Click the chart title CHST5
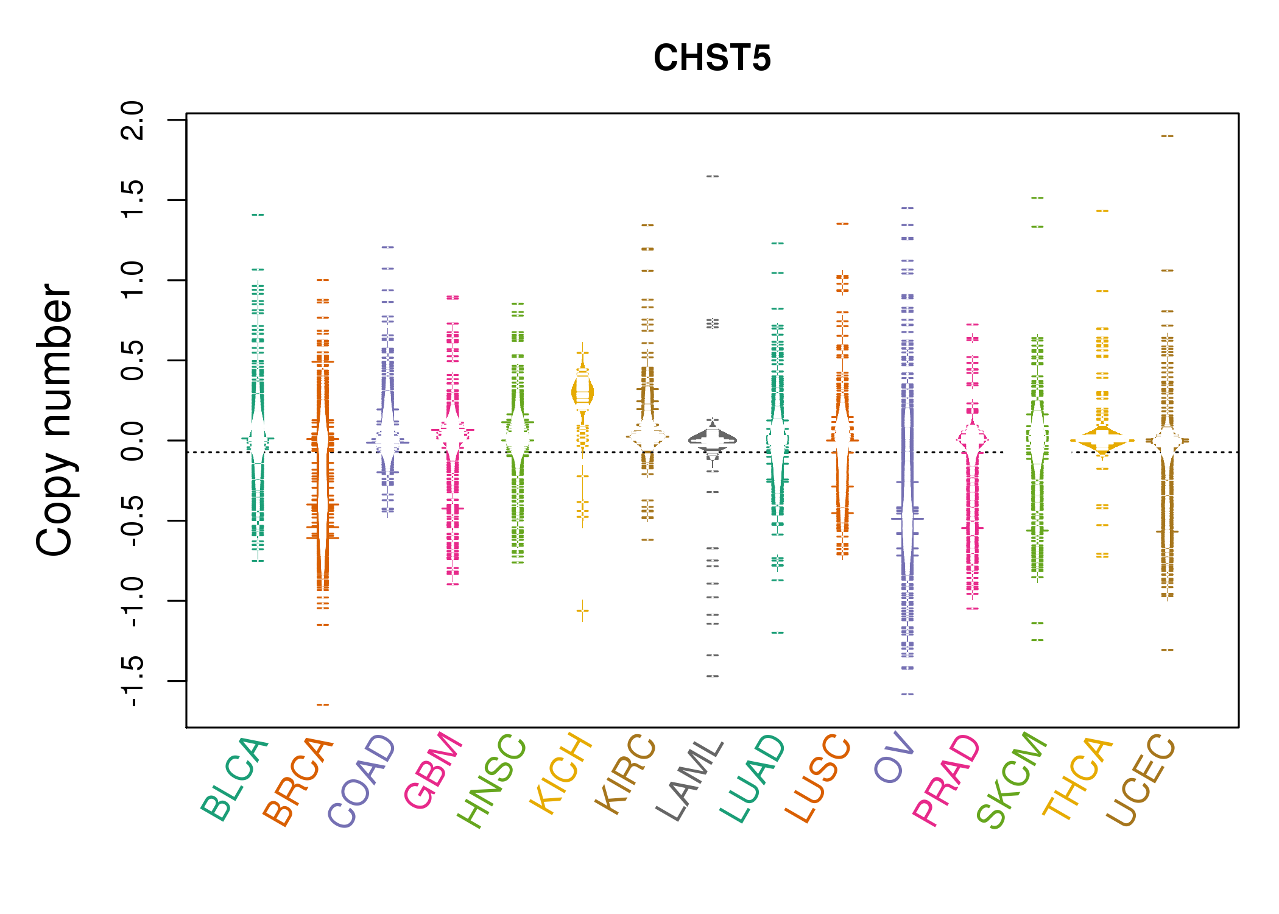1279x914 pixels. click(x=712, y=58)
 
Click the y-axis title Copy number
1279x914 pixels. click(x=55, y=420)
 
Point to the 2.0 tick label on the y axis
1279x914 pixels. click(x=133, y=120)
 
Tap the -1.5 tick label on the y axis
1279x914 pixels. click(x=133, y=681)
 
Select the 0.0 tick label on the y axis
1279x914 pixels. click(x=133, y=441)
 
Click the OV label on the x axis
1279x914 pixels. click(x=894, y=758)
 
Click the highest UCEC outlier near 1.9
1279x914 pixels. click(x=1167, y=136)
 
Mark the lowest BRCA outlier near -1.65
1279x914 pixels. click(x=323, y=704)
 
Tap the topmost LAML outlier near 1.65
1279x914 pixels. click(x=713, y=176)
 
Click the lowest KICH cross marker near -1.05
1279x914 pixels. click(x=583, y=610)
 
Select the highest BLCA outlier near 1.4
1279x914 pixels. click(x=258, y=214)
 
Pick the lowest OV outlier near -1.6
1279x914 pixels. click(x=907, y=694)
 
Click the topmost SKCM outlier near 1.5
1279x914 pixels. click(x=1037, y=198)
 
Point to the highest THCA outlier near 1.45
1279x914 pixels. click(x=1102, y=211)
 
